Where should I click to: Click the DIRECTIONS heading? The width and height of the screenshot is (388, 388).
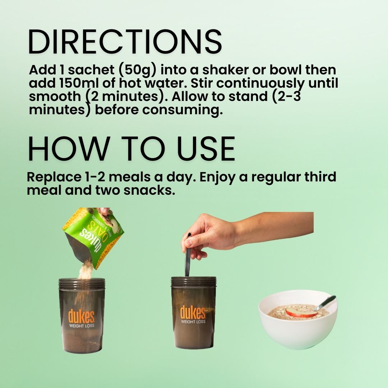125,42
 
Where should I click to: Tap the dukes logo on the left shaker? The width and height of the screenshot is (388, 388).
82,316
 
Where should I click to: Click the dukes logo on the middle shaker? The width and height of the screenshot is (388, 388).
193,312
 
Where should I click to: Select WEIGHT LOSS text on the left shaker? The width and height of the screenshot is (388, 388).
82,326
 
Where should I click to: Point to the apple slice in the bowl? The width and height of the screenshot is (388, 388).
301,312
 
